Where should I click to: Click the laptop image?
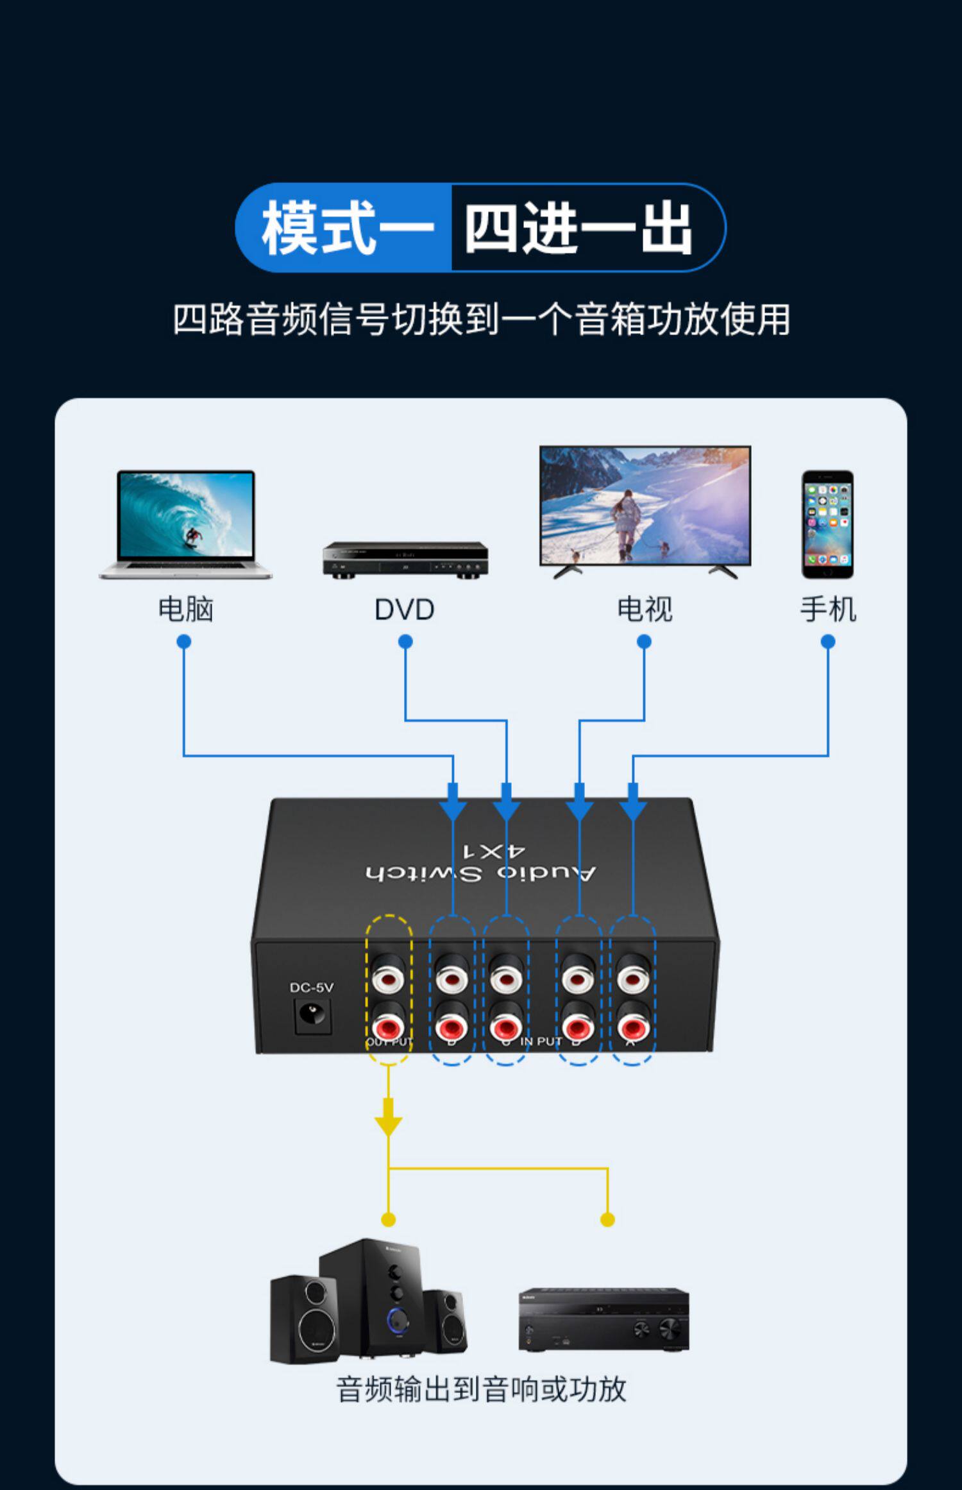pyautogui.click(x=185, y=524)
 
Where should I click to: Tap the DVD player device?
pyautogui.click(x=405, y=559)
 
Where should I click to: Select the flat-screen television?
pyautogui.click(x=645, y=510)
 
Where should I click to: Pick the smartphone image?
pyautogui.click(x=827, y=524)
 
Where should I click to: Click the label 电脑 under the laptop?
pyautogui.click(x=185, y=609)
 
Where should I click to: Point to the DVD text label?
pyautogui.click(x=405, y=610)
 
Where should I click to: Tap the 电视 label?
pyautogui.click(x=645, y=609)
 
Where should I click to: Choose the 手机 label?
pyautogui.click(x=828, y=609)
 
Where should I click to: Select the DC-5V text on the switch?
pyautogui.click(x=312, y=988)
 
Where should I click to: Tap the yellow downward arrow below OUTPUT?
pyautogui.click(x=388, y=1120)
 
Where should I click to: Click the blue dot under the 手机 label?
pyautogui.click(x=828, y=641)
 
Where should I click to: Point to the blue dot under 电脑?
pyautogui.click(x=184, y=641)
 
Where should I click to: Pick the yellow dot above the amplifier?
pyautogui.click(x=607, y=1220)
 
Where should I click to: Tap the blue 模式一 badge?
pyautogui.click(x=346, y=228)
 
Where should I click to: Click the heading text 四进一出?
pyautogui.click(x=579, y=228)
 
